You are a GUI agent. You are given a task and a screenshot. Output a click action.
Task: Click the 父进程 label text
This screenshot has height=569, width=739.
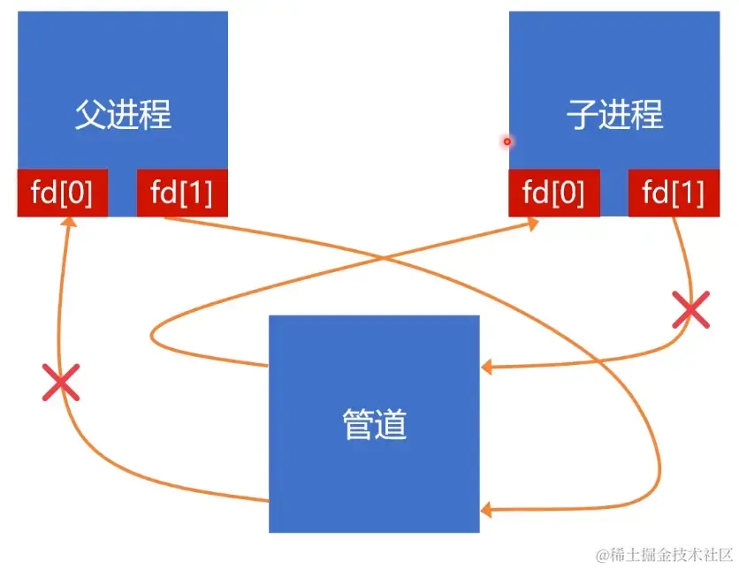122,116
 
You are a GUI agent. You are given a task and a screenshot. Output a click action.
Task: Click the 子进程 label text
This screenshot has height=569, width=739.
614,116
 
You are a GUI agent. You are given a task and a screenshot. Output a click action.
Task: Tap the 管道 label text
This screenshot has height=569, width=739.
374,425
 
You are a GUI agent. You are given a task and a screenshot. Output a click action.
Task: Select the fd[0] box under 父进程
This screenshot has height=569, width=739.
62,193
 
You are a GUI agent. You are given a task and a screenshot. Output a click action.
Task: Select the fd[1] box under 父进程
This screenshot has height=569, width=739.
182,193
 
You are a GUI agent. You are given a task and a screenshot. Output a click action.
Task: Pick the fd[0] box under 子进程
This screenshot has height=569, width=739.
553,193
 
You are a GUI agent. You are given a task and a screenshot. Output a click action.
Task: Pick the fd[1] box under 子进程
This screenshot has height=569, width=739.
674,193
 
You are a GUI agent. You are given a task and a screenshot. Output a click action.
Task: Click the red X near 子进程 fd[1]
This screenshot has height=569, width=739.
691,310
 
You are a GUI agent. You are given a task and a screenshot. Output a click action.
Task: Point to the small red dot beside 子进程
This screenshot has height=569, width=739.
507,141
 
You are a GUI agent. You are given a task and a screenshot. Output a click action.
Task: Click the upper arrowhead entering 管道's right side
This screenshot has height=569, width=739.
486,365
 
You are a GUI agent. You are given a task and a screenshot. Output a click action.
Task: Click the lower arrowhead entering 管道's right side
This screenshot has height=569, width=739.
486,510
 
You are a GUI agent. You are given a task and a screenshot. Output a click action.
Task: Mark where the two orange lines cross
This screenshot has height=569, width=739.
382,257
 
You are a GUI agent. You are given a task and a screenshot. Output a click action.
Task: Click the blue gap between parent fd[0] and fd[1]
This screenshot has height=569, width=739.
122,193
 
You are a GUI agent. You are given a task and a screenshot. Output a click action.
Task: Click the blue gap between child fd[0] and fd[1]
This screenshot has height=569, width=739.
613,193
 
